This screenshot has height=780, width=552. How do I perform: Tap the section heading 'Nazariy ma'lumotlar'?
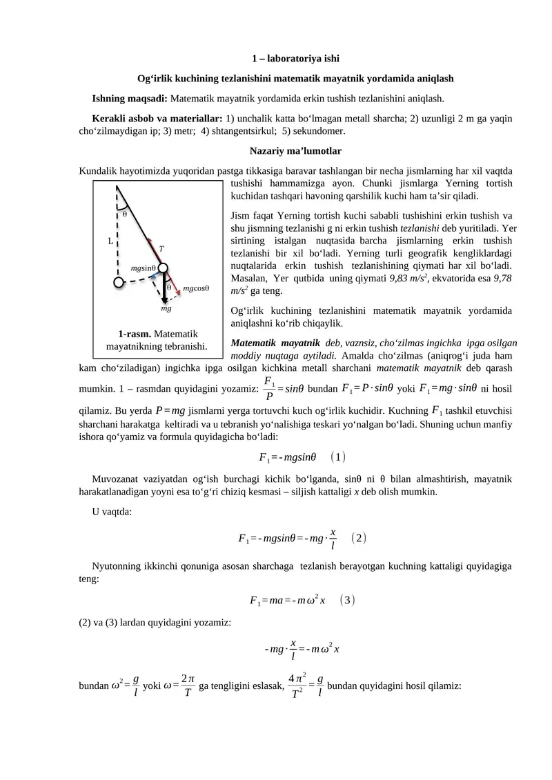[x=295, y=150]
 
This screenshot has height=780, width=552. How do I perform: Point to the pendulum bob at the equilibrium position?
[x=119, y=282]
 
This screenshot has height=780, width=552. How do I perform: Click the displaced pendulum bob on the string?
[x=163, y=268]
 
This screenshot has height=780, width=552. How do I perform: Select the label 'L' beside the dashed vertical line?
[x=110, y=241]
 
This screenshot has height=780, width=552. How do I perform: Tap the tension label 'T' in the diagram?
[x=161, y=248]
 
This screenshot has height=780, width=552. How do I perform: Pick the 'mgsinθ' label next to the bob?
[x=143, y=267]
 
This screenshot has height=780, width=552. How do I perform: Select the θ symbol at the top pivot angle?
[x=125, y=213]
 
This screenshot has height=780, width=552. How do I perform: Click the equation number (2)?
[x=357, y=537]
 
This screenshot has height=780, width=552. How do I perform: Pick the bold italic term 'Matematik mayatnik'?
[x=275, y=343]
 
